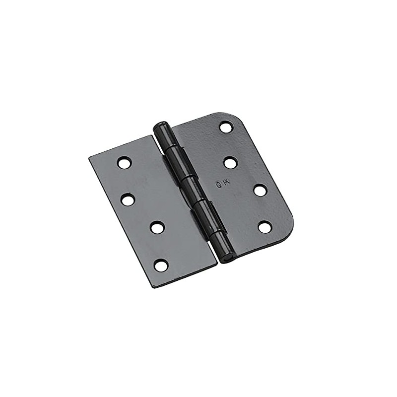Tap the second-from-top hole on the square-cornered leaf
pos(128,200)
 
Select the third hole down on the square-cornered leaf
pos(157,228)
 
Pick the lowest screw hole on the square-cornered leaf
pos(161,265)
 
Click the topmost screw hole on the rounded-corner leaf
pos(226,128)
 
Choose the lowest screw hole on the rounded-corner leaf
pos(265,227)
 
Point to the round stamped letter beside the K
pos(219,184)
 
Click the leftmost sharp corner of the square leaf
pos(90,158)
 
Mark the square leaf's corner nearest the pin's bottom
pos(216,264)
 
